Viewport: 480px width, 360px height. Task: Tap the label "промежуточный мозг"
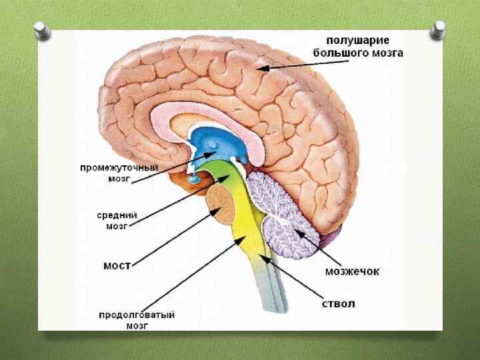pos(118,173)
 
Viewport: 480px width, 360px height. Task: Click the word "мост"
pos(117,265)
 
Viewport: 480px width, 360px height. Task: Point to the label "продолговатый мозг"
pos(137,320)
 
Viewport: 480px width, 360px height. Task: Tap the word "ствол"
pos(338,304)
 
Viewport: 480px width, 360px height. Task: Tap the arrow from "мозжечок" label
pos(313,247)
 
